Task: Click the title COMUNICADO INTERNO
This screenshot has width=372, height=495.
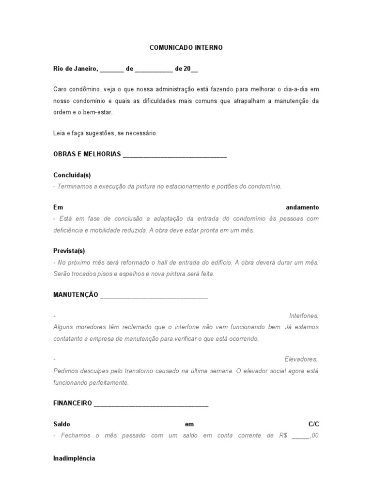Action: point(186,48)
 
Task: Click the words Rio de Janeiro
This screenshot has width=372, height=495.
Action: point(76,69)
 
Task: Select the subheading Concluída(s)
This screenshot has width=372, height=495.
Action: point(72,175)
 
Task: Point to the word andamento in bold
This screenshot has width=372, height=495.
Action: point(302,207)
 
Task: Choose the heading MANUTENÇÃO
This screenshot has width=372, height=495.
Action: point(76,294)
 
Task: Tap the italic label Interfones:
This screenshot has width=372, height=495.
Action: point(304,316)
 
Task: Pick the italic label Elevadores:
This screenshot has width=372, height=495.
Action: point(301,359)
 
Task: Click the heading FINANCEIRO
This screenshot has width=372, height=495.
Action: point(73,403)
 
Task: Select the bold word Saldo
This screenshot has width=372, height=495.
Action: point(62,424)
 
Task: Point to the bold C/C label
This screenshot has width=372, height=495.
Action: point(314,424)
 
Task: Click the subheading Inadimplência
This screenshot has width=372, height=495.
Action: point(74,458)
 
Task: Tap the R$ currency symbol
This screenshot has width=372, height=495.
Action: point(283,436)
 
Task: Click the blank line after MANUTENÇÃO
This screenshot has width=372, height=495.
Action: point(154,295)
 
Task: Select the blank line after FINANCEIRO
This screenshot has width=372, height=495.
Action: point(151,404)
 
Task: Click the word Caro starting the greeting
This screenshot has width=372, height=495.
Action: point(60,89)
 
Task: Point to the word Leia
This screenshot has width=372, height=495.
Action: point(59,133)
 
